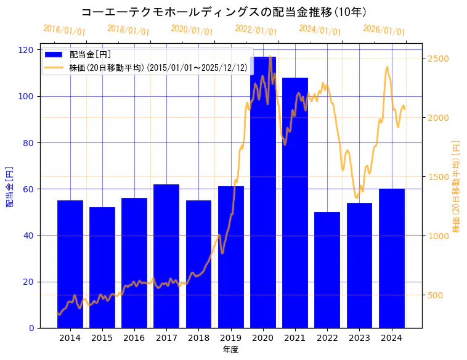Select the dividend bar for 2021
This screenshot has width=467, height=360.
coord(295,203)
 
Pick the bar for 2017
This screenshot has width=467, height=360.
coord(166,256)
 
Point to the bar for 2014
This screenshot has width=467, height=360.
coord(70,264)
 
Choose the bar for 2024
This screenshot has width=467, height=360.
coord(392,258)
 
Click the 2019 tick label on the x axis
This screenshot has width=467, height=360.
coord(230,338)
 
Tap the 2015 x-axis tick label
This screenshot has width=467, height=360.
coord(102,338)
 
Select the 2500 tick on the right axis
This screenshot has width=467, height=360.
coord(438,59)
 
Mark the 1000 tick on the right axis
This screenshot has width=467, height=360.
coord(438,236)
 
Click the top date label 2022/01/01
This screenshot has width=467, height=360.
coord(256,30)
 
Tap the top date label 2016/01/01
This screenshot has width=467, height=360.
coord(65,30)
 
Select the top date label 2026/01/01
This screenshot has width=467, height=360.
coord(384,30)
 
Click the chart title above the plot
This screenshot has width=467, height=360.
coord(224,12)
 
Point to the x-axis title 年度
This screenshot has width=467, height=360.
coord(230,350)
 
